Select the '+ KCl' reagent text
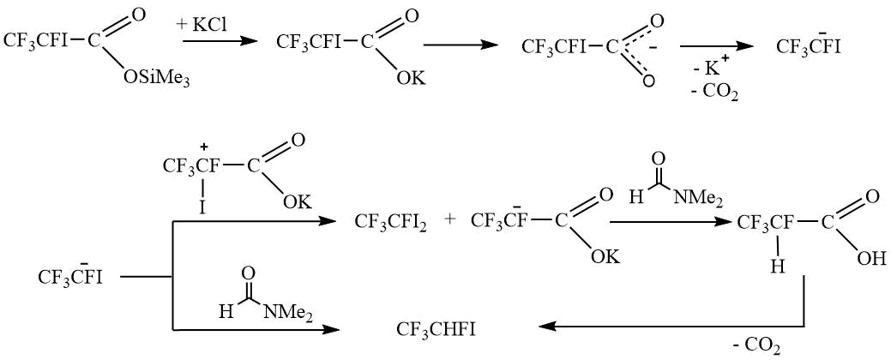[202, 26]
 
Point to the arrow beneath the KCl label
[219, 40]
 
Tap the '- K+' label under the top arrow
[709, 66]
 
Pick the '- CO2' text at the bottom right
[756, 345]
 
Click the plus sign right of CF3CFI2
[449, 220]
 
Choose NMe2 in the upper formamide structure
[698, 198]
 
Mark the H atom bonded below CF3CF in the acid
[776, 267]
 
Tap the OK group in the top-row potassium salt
[410, 79]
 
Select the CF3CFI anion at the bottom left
[70, 277]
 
